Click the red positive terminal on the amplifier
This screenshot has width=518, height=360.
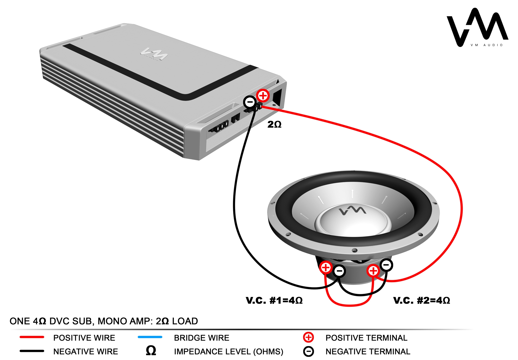click(263, 96)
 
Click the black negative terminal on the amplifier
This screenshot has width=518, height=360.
click(250, 102)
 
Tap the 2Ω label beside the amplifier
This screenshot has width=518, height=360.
click(274, 125)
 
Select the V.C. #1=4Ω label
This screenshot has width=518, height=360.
click(274, 300)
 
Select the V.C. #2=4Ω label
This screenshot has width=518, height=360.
click(421, 300)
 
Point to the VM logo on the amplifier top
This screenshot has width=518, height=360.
click(154, 54)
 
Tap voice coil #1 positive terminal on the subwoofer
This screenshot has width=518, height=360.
click(326, 268)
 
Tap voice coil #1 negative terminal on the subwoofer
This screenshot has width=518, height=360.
click(339, 271)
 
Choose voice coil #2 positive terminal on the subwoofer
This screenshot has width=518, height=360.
click(373, 271)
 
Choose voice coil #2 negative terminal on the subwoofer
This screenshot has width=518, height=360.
click(386, 265)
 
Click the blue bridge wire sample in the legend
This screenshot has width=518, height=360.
click(150, 337)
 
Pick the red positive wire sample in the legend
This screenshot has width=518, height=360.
click(32, 337)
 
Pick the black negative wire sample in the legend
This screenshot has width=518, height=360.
click(32, 351)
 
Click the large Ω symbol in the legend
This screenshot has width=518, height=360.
click(151, 351)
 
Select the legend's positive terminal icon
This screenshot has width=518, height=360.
click(308, 337)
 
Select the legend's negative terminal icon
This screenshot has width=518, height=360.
click(308, 351)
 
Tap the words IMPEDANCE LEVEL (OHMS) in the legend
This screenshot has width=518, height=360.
click(228, 351)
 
